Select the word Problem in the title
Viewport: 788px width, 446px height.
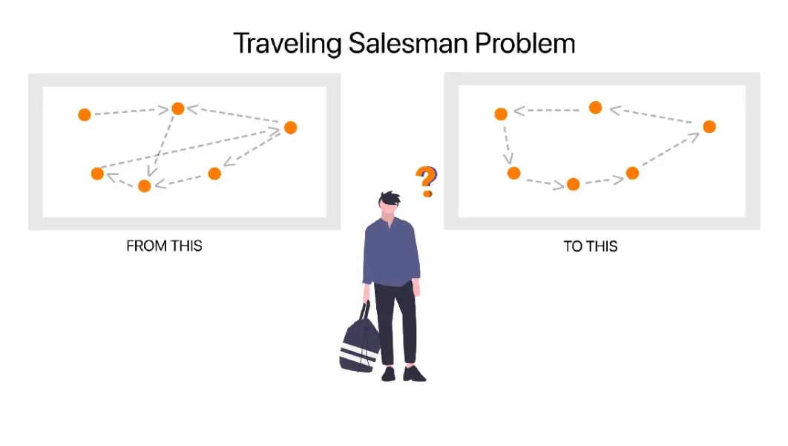coord(525,44)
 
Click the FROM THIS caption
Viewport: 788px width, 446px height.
coord(164,246)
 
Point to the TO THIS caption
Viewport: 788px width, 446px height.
coord(591,246)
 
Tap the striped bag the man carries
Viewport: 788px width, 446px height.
coord(359,344)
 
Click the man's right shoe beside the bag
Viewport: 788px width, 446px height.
coord(388,374)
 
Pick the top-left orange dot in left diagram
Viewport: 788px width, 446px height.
coord(85,114)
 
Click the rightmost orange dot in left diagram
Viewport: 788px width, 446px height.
coord(290,128)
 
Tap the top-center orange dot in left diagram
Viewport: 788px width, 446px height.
coord(178,108)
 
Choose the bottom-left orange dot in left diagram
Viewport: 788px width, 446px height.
coord(97,174)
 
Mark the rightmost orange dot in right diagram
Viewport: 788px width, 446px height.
coord(709,126)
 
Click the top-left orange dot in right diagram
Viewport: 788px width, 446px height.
coord(501,114)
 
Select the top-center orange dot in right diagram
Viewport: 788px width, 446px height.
coord(595,108)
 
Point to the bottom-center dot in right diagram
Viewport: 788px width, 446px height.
coord(573,184)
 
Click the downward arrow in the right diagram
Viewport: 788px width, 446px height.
coord(508,144)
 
